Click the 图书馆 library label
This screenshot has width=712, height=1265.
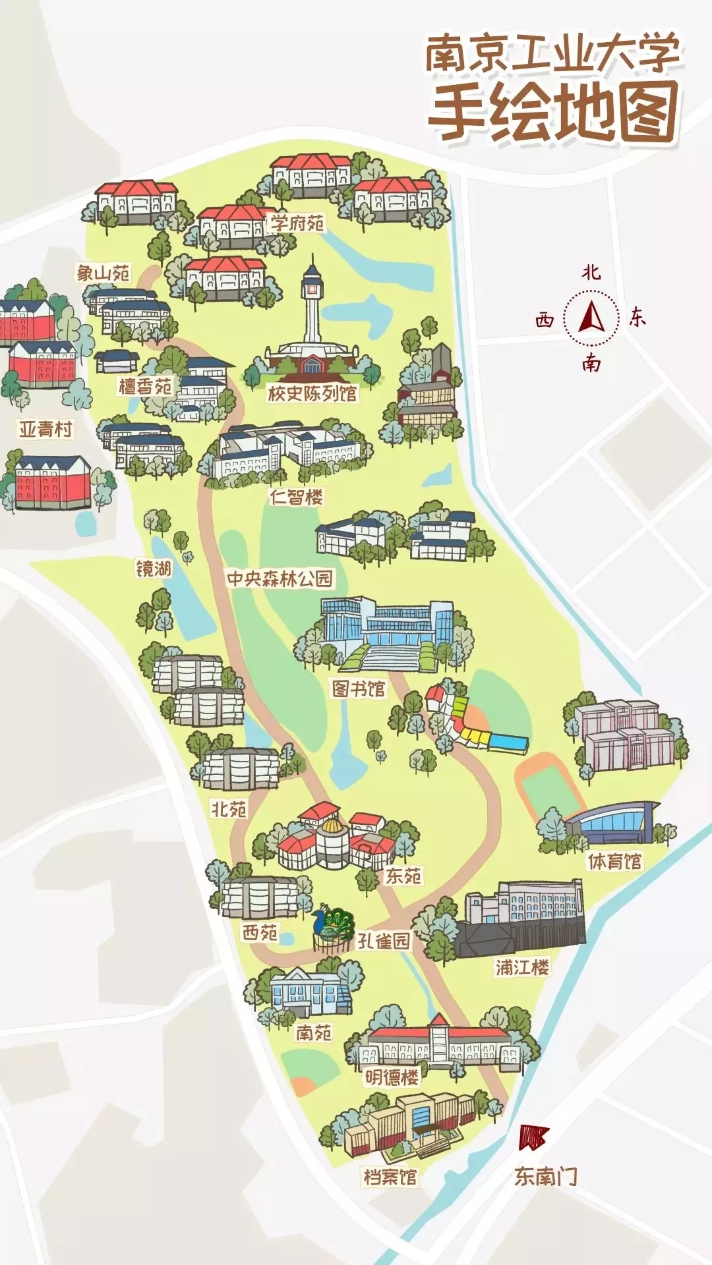pos(358,689)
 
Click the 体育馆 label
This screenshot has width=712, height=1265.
pos(614,861)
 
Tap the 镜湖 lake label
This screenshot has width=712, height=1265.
pos(153,568)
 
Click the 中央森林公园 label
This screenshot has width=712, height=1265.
pos(280,578)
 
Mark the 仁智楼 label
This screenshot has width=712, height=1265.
pos(297,497)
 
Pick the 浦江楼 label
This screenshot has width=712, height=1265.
pos(522,967)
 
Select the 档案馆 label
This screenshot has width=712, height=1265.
pos(390,1177)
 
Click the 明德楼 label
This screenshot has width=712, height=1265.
pos(392,1077)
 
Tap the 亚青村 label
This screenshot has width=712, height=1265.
pos(45,430)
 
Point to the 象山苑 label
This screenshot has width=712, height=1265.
pos(103,273)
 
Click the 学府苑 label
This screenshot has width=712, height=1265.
pos(297,223)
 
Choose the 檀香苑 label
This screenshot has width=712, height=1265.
pos(145,386)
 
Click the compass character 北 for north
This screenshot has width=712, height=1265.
pos(591,271)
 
